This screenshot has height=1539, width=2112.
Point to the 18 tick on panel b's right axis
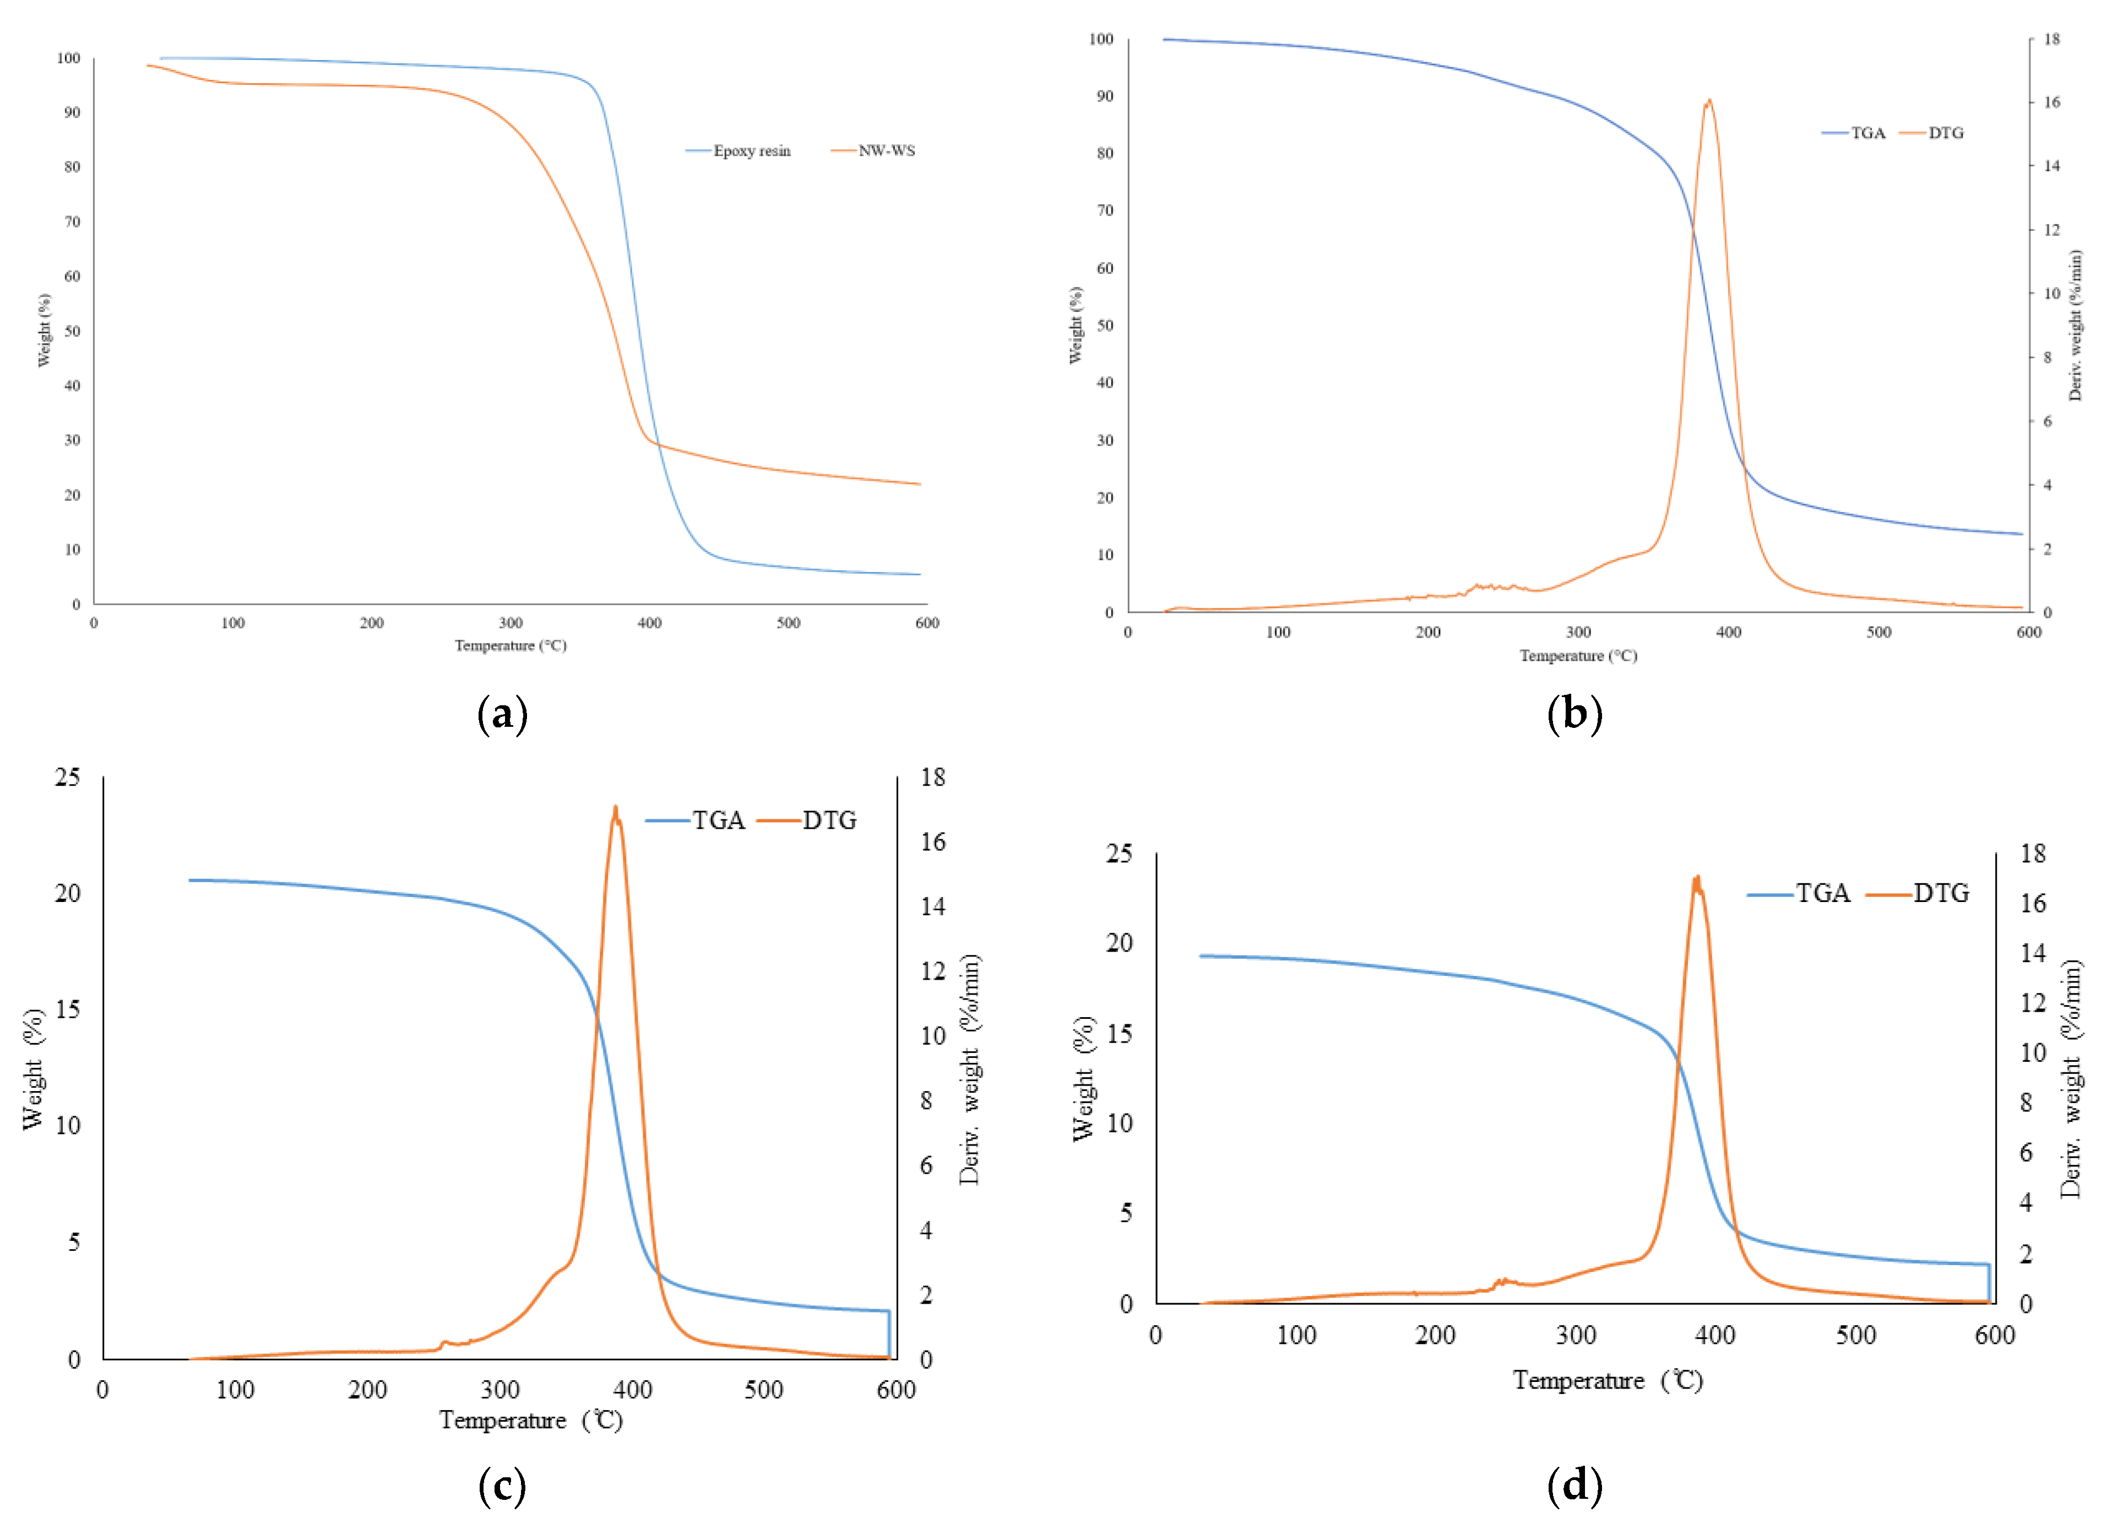click(x=2051, y=39)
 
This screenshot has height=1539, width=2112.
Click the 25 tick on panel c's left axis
click(x=68, y=777)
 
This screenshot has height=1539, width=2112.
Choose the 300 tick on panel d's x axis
click(x=1576, y=1336)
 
